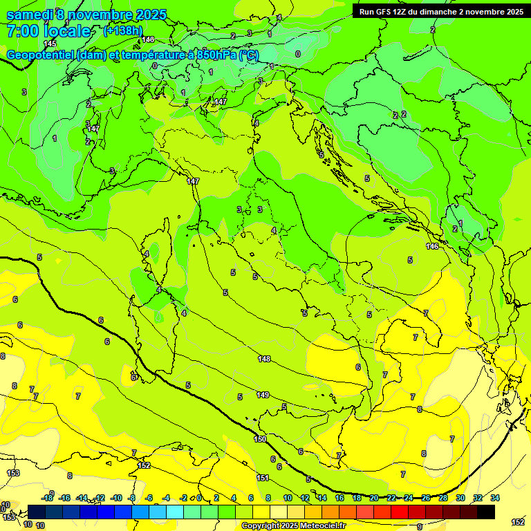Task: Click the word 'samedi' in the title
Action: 30,15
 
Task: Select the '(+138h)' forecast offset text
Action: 123,30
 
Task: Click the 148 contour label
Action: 264,359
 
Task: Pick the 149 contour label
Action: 263,395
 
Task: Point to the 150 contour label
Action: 260,439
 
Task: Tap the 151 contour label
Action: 263,478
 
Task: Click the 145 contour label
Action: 50,44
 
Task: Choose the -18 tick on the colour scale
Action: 48,498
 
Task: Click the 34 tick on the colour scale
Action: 495,498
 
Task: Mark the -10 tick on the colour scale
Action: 116,498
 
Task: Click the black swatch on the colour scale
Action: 486,512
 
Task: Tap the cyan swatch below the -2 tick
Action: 176,512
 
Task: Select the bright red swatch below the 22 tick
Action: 400,512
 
